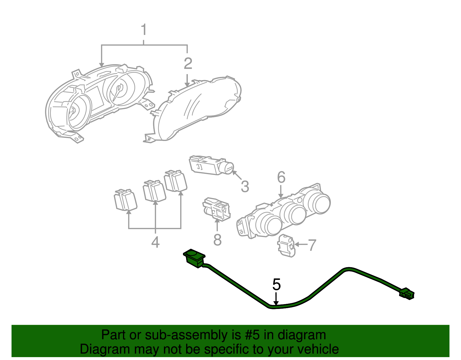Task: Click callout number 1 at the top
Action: [x=144, y=30]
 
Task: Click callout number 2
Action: [x=188, y=64]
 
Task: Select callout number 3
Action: [x=245, y=186]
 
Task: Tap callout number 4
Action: [x=155, y=242]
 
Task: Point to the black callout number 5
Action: [x=276, y=285]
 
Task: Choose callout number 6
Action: [x=281, y=177]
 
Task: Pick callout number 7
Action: [x=312, y=245]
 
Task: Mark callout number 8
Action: [x=217, y=240]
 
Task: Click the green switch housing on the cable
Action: [x=194, y=258]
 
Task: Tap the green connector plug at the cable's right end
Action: [x=407, y=294]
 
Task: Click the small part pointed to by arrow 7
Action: [x=286, y=246]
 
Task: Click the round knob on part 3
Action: [x=228, y=168]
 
